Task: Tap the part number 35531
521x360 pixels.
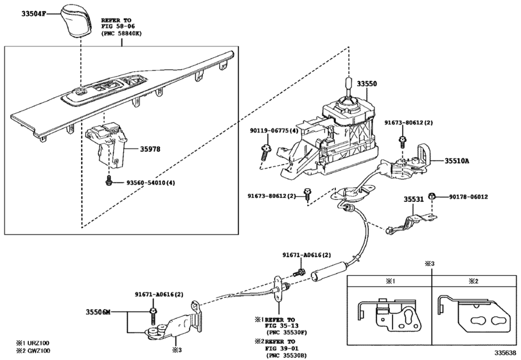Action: pos(414,200)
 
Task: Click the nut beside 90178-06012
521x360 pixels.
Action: pos(432,196)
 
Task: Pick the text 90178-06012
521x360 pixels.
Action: pos(468,197)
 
